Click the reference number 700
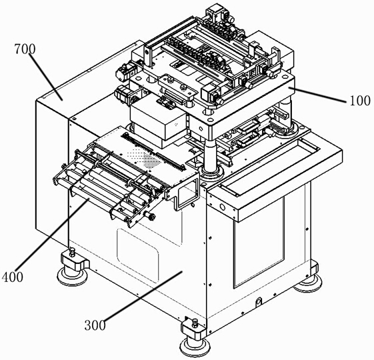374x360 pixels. pos(25,49)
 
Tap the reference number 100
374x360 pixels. pos(360,101)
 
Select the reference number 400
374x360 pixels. pos(13,277)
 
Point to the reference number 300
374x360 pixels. pos(95,325)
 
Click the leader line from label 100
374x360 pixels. pos(317,95)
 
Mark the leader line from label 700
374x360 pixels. pos(46,77)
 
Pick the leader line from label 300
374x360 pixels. pos(142,295)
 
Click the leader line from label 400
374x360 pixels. pos(52,235)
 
